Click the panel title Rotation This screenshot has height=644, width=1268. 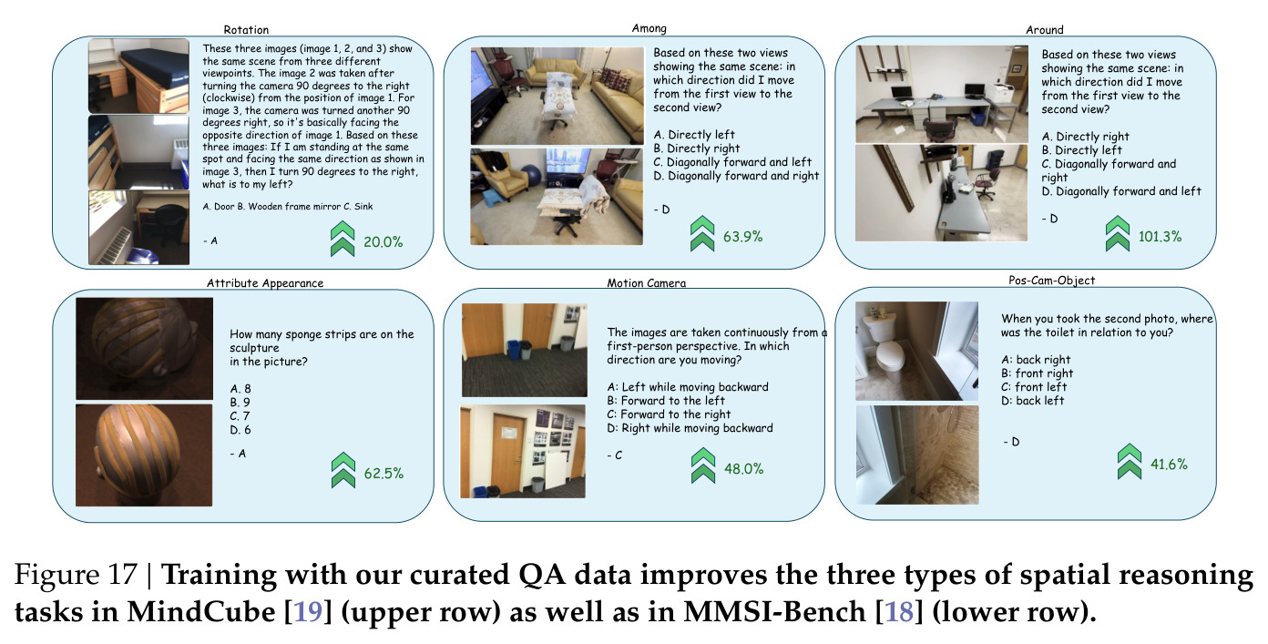(x=246, y=29)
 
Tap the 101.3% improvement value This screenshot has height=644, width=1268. (x=1160, y=237)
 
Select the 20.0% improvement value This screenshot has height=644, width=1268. (x=383, y=242)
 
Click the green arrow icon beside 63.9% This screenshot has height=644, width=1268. (x=702, y=233)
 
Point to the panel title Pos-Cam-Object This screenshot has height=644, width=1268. (x=1052, y=281)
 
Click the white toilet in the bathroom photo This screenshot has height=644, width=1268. (x=885, y=349)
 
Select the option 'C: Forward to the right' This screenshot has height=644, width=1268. (x=669, y=414)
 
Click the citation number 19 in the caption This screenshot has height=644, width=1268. (x=308, y=611)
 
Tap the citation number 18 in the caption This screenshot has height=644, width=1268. (x=899, y=611)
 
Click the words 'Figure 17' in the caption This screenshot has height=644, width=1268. (x=76, y=575)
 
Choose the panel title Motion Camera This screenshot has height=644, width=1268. (x=647, y=283)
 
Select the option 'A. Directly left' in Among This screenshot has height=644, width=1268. (x=694, y=135)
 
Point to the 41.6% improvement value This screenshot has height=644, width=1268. (x=1169, y=465)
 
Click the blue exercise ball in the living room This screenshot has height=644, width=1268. (x=532, y=176)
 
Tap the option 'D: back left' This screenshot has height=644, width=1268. (x=1032, y=401)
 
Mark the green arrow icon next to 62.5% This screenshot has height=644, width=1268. (x=343, y=470)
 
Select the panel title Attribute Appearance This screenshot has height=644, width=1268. (x=265, y=283)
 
